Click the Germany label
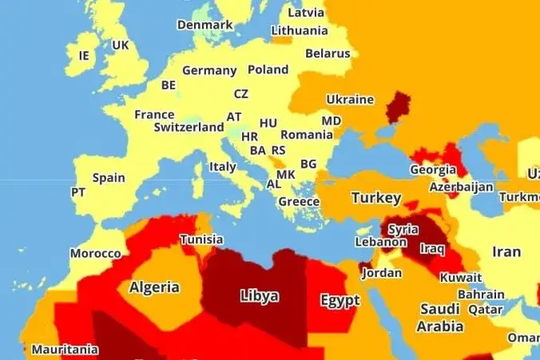click(x=209, y=70)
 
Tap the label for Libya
click(x=260, y=296)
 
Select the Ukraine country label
click(x=350, y=100)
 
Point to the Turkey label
click(x=375, y=197)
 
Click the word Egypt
click(x=340, y=301)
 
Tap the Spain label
click(x=109, y=177)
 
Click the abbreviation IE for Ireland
click(x=85, y=55)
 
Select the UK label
click(x=120, y=45)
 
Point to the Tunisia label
click(x=201, y=239)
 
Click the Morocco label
click(x=95, y=254)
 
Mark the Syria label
click(x=403, y=229)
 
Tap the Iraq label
click(x=431, y=248)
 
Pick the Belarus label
click(x=327, y=53)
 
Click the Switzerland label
click(x=189, y=127)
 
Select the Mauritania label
click(x=65, y=350)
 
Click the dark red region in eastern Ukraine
click(x=398, y=105)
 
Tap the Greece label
click(x=299, y=202)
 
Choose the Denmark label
click(x=204, y=25)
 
